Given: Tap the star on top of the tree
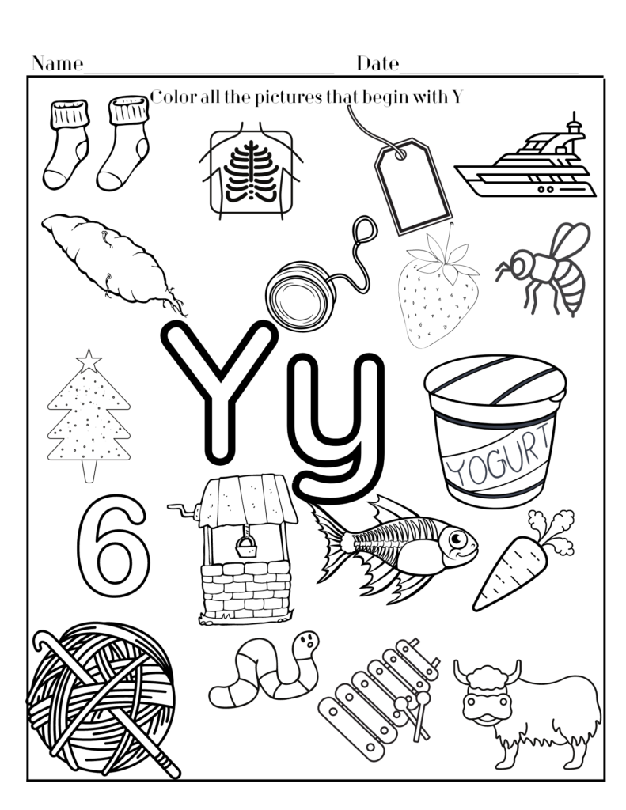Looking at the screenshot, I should point(89,361).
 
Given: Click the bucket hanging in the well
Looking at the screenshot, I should point(245,545).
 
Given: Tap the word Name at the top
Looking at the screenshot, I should point(57,64).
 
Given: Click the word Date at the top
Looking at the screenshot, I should point(377,63).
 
